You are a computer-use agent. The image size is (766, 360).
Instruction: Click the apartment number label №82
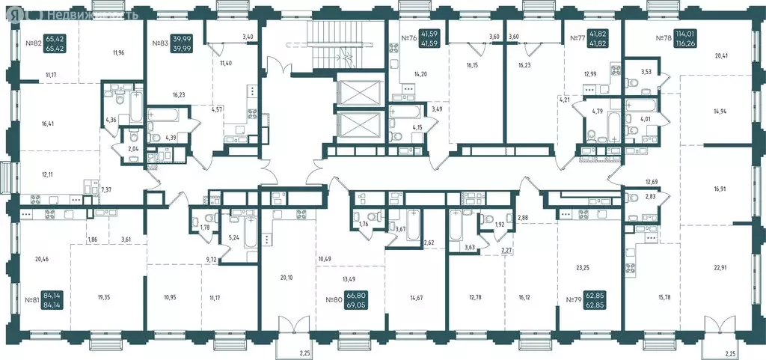coord(33,43)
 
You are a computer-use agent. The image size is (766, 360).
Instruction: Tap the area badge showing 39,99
coord(180,43)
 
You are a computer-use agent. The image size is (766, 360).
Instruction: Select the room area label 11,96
coord(118,52)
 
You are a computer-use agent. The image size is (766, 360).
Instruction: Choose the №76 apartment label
coord(408,38)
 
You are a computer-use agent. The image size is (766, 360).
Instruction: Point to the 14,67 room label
coord(416,298)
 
